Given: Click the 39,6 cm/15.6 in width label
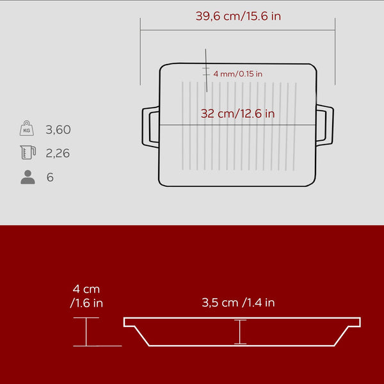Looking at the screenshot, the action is pyautogui.click(x=238, y=16).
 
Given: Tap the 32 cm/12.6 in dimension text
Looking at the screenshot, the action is pyautogui.click(x=237, y=114).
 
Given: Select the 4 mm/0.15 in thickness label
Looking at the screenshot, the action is pyautogui.click(x=237, y=74).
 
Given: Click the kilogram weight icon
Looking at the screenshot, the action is pyautogui.click(x=27, y=128).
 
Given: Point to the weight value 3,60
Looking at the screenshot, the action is pyautogui.click(x=58, y=129).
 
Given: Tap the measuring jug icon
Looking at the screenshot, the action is pyautogui.click(x=28, y=152).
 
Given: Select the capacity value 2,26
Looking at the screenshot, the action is pyautogui.click(x=58, y=153).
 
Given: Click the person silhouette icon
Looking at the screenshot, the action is pyautogui.click(x=28, y=177).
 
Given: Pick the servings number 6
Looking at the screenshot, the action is pyautogui.click(x=50, y=177).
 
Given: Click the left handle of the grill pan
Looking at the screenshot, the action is pyautogui.click(x=146, y=127).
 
